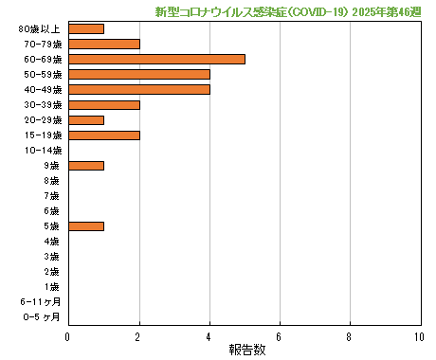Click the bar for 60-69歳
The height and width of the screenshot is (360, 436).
point(156,59)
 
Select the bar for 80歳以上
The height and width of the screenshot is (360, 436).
point(86,28)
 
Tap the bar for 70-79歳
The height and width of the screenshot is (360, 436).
point(103,44)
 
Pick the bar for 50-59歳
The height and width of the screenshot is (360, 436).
point(138,74)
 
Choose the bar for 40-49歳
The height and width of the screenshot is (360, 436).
point(138,89)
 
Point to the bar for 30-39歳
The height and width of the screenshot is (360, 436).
point(103,104)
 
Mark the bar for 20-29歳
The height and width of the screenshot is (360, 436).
point(86,119)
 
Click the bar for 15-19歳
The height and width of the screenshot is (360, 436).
point(103,135)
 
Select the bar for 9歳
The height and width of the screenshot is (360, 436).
point(86,165)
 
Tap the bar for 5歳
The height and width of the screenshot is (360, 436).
point(86,225)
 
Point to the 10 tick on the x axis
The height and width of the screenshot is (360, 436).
point(419,336)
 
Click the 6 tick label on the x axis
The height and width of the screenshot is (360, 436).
point(279,336)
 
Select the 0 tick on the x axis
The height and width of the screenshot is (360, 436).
point(68,336)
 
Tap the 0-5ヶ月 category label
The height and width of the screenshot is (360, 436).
point(42,316)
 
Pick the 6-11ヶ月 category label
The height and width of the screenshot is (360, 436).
point(41,301)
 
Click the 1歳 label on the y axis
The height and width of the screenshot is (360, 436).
point(52,286)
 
